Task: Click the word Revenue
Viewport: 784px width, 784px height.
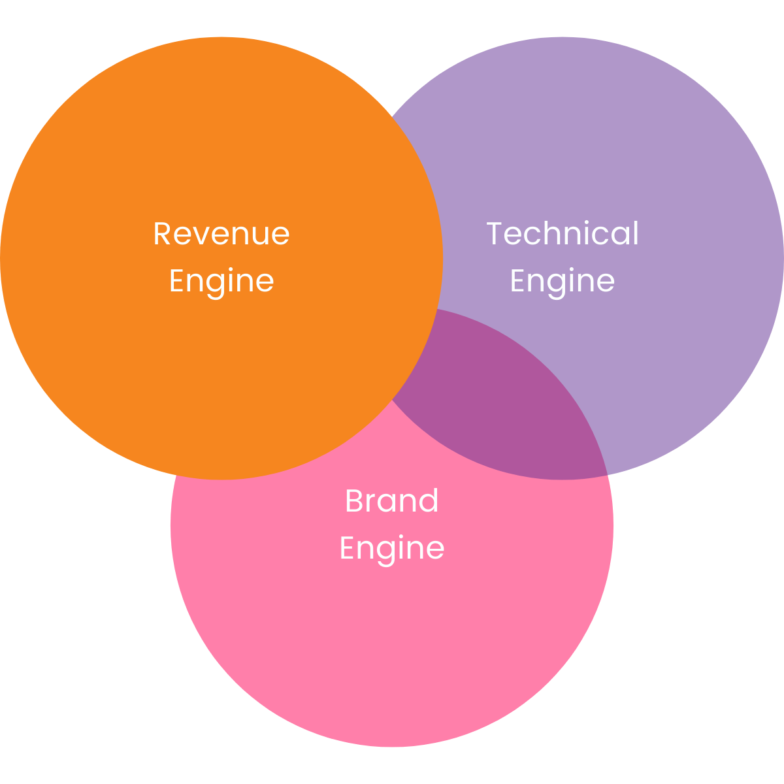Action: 221,234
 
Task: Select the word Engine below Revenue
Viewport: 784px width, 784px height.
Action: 221,281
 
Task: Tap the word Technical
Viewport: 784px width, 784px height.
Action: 563,234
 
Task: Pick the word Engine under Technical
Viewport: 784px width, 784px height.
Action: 563,281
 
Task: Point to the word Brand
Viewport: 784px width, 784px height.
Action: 392,501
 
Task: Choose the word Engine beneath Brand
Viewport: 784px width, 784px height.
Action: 392,547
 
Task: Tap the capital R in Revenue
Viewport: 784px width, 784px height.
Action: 162,234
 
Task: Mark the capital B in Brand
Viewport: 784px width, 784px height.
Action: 353,501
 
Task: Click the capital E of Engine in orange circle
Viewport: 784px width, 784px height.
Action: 176,280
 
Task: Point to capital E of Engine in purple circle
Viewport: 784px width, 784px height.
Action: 517,280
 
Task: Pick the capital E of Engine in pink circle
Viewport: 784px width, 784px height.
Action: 346,547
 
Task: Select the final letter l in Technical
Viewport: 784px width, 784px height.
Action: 636,233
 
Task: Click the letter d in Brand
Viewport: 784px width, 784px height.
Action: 429,501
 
